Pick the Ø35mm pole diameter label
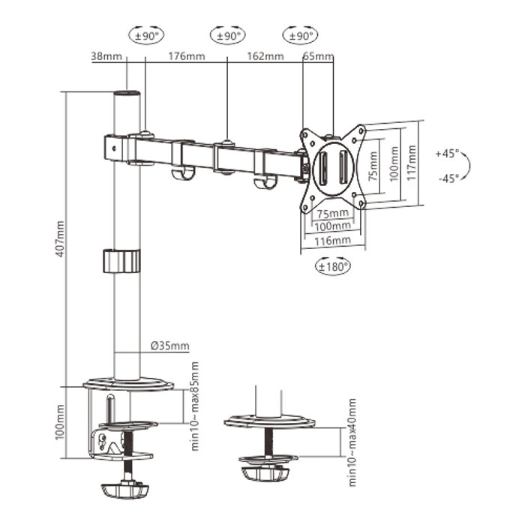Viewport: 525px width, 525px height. (x=169, y=346)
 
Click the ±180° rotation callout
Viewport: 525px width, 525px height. (x=331, y=265)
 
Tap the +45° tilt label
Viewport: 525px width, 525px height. (x=446, y=152)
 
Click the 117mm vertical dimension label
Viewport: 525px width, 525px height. (x=411, y=163)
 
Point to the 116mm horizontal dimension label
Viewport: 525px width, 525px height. (x=332, y=241)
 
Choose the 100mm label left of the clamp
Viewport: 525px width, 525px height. (x=60, y=422)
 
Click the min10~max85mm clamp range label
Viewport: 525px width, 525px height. (x=194, y=406)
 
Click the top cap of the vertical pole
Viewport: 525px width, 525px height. (x=127, y=94)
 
